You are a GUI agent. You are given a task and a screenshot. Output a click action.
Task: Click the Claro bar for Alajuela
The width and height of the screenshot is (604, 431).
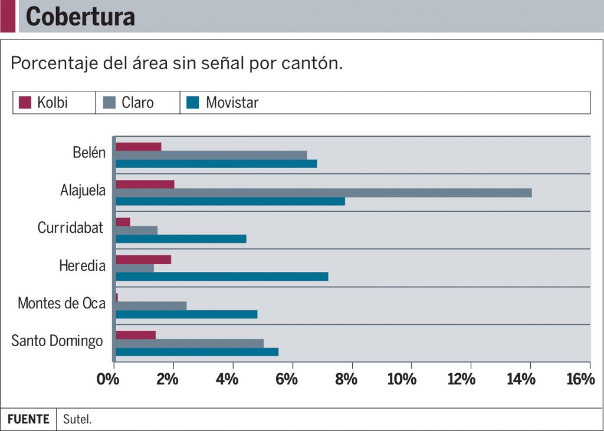click(x=323, y=193)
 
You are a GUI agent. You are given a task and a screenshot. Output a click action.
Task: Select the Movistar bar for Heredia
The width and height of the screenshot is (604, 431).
click(x=222, y=277)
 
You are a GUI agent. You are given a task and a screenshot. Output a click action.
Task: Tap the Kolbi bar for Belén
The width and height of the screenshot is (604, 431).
click(x=138, y=147)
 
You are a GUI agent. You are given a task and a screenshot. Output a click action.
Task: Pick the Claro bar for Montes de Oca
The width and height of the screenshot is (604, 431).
click(x=151, y=305)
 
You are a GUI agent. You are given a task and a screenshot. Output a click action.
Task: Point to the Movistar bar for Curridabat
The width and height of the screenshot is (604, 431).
click(x=180, y=239)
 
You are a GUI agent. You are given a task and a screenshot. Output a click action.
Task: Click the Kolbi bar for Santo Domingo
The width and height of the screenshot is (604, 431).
click(x=136, y=335)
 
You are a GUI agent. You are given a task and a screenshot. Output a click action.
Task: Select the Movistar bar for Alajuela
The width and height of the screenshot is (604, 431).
click(x=230, y=201)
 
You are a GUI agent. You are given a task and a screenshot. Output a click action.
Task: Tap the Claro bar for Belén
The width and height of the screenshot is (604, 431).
click(x=211, y=155)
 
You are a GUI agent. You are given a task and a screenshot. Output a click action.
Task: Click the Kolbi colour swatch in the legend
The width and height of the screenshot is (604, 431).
click(x=25, y=103)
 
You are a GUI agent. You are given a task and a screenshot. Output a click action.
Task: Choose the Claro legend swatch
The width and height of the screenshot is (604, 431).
click(x=109, y=103)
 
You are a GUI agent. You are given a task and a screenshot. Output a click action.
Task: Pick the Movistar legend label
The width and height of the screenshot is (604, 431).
click(x=232, y=103)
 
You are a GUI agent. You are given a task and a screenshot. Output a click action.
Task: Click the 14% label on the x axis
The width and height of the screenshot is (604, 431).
click(x=521, y=379)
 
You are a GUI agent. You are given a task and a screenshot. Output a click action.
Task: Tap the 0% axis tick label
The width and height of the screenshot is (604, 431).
click(x=108, y=379)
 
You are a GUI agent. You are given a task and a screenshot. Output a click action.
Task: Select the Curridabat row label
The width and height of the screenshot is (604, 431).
click(x=70, y=228)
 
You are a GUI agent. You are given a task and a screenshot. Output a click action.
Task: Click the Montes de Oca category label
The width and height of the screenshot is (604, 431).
click(x=61, y=303)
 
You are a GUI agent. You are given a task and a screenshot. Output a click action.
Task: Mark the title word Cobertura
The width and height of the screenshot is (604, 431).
click(x=80, y=17)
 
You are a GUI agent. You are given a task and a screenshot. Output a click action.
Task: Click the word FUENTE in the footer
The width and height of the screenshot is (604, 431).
click(x=28, y=419)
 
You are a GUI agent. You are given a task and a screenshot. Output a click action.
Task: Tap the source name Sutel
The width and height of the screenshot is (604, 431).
click(x=77, y=420)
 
